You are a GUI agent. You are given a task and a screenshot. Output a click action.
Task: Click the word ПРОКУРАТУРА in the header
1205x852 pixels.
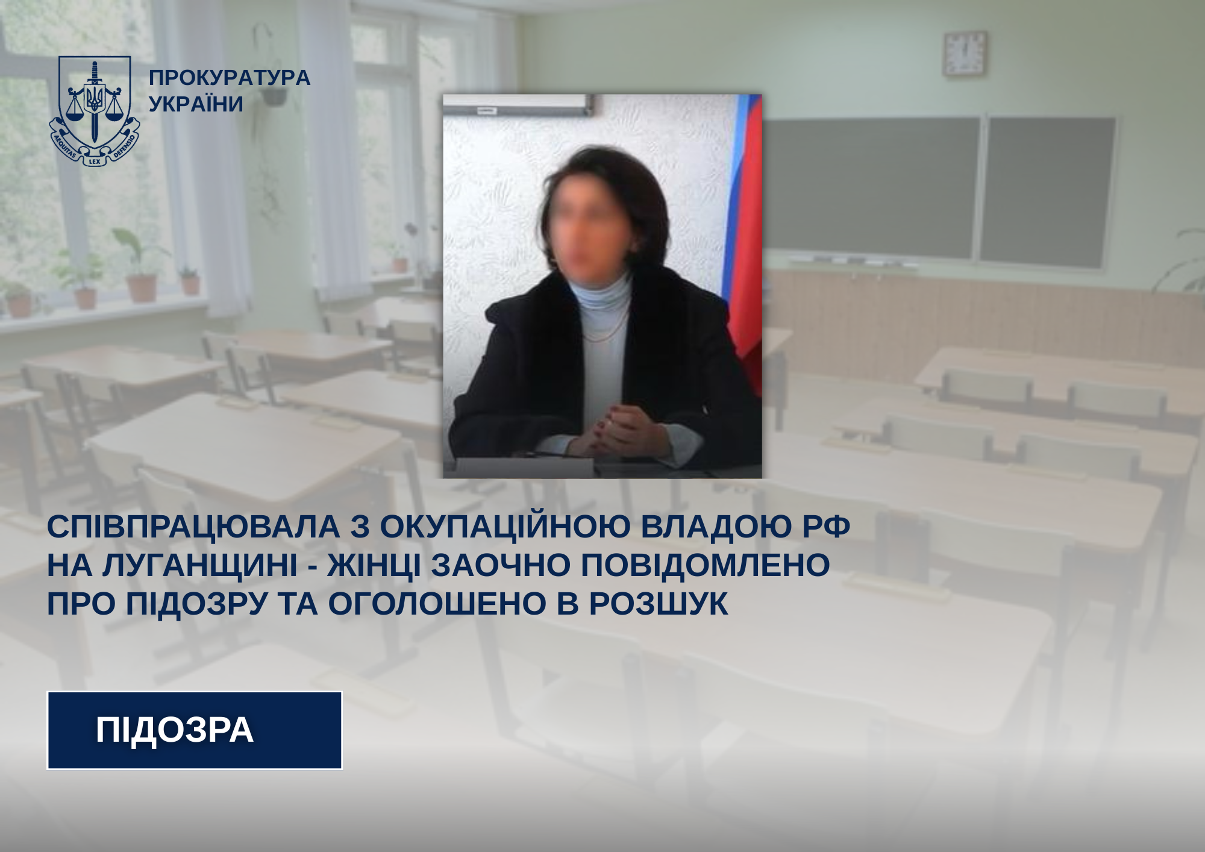(229, 78)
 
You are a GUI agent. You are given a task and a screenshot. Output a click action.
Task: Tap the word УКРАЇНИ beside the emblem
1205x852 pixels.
(196, 104)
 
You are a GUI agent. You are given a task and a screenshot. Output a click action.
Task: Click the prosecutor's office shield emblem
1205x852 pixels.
(94, 111)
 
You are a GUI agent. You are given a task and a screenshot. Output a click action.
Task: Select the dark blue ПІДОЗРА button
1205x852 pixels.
(195, 730)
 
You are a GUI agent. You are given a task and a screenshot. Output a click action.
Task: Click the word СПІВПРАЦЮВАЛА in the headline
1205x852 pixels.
(193, 527)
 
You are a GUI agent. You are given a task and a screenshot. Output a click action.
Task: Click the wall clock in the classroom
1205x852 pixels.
(965, 53)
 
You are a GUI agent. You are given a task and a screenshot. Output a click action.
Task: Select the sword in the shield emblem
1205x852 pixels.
(94, 102)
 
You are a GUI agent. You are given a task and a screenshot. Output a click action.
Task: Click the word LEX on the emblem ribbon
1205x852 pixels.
(95, 161)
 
